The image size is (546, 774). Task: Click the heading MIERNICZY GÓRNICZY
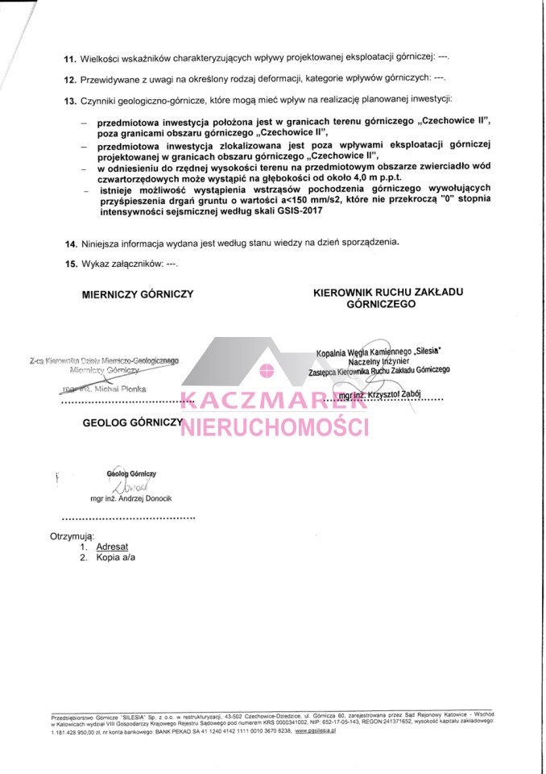point(138,295)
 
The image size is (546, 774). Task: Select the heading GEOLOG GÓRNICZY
point(131,422)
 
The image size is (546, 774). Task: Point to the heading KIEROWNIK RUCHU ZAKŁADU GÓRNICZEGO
point(382,298)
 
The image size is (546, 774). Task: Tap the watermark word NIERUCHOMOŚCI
point(275,427)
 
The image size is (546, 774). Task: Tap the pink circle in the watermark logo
point(268,372)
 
